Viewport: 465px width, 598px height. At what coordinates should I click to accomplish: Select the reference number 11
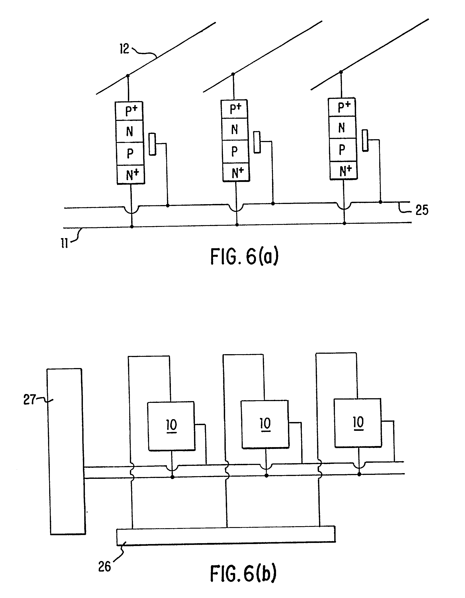click(x=64, y=243)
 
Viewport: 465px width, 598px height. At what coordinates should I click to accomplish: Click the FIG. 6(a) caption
click(x=244, y=256)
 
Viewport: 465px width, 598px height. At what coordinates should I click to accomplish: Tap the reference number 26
click(x=104, y=567)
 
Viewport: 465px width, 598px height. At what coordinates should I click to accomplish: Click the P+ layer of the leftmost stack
click(x=129, y=111)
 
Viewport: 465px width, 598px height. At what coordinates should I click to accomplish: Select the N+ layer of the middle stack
click(x=236, y=173)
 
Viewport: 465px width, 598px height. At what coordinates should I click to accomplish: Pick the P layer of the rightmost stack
click(x=342, y=150)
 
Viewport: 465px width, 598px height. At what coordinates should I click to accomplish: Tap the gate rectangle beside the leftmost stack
click(x=153, y=144)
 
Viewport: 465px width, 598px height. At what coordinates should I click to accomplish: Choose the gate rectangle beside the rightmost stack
click(x=365, y=141)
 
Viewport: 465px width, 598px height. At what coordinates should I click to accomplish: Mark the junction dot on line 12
click(x=128, y=76)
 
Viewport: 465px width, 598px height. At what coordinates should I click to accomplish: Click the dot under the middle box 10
click(x=266, y=476)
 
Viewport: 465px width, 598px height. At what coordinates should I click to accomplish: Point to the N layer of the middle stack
click(x=235, y=129)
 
